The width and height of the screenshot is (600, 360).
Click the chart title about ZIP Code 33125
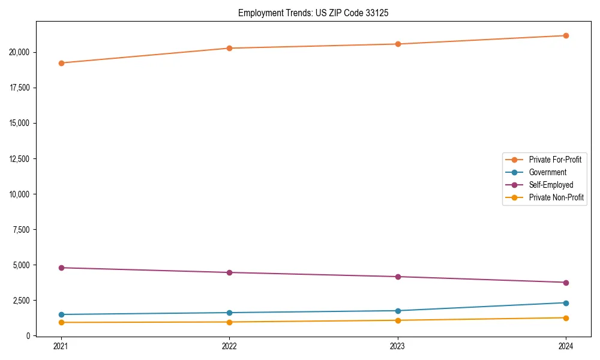tap(313, 13)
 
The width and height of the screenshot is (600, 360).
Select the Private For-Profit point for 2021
tap(61, 63)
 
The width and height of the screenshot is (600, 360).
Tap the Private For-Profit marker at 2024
tap(566, 35)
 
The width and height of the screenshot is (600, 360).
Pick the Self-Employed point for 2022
tap(229, 272)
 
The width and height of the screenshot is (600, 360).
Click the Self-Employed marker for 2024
tap(566, 283)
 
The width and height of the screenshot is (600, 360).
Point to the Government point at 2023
tap(398, 311)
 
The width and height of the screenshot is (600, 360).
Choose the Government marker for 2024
tap(566, 303)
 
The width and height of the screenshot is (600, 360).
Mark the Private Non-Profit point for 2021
tap(61, 323)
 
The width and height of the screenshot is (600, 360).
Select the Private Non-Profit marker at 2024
tap(566, 318)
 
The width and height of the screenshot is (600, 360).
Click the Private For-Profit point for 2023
tap(398, 44)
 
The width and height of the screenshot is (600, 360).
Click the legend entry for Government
tap(547, 172)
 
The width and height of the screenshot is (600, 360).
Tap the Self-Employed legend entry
tap(551, 185)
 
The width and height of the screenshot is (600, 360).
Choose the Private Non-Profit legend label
tap(556, 197)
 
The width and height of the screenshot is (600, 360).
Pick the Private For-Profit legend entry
tap(555, 160)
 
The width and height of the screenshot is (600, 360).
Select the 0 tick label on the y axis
tap(28, 335)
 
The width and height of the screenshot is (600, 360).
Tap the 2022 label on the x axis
tap(229, 346)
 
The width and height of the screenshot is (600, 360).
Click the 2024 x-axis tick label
tap(566, 346)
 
